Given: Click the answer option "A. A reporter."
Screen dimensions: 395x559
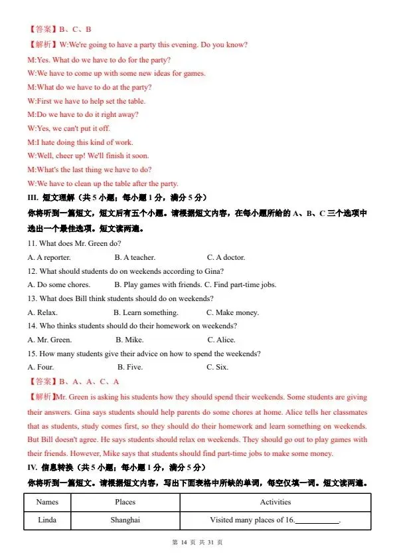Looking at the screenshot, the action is pyautogui.click(x=49, y=257).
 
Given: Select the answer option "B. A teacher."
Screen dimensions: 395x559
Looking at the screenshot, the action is pyautogui.click(x=135, y=257).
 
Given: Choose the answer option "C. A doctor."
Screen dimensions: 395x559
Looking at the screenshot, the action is pyautogui.click(x=226, y=257).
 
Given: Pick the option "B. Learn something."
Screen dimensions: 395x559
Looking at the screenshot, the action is pyautogui.click(x=145, y=312).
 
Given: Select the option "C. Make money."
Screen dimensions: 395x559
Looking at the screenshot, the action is pyautogui.click(x=232, y=312).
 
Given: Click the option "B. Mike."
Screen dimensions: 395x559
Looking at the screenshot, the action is pyautogui.click(x=129, y=340).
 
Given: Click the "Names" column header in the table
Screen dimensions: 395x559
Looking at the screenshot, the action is pyautogui.click(x=47, y=503).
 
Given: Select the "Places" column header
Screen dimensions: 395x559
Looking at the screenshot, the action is pyautogui.click(x=125, y=503).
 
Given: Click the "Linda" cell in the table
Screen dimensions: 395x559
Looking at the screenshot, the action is pyautogui.click(x=47, y=520).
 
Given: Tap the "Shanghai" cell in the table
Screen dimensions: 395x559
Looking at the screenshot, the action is pyautogui.click(x=125, y=520).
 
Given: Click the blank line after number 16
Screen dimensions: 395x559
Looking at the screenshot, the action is pyautogui.click(x=317, y=522).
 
